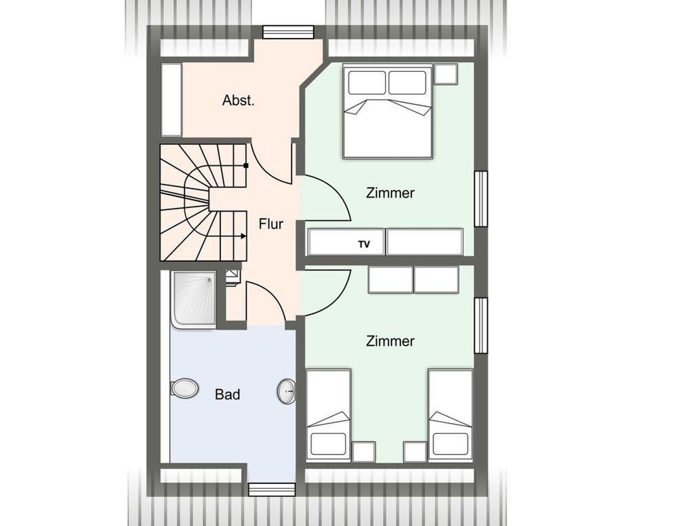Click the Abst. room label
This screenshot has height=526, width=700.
click(238, 100)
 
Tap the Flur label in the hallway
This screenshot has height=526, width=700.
click(271, 224)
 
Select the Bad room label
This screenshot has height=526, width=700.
click(227, 394)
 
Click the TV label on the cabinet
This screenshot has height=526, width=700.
click(364, 244)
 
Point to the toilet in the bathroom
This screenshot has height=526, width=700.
click(185, 388)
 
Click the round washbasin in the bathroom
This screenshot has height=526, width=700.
click(286, 391)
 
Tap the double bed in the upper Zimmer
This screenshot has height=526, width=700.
click(388, 111)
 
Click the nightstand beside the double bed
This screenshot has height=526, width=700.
click(446, 74)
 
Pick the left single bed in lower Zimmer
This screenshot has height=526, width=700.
click(329, 416)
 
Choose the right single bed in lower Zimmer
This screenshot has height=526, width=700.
click(450, 416)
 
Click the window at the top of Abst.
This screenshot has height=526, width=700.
click(288, 32)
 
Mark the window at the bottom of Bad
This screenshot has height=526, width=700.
click(272, 489)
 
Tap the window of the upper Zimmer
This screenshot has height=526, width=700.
click(481, 199)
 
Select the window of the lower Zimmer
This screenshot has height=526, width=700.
click(481, 325)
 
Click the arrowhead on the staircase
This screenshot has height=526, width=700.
click(243, 236)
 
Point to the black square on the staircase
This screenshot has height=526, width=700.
click(246, 166)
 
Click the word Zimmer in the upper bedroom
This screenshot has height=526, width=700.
click(390, 193)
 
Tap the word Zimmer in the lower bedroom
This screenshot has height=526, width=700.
click(390, 341)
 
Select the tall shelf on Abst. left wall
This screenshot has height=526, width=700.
click(171, 99)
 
